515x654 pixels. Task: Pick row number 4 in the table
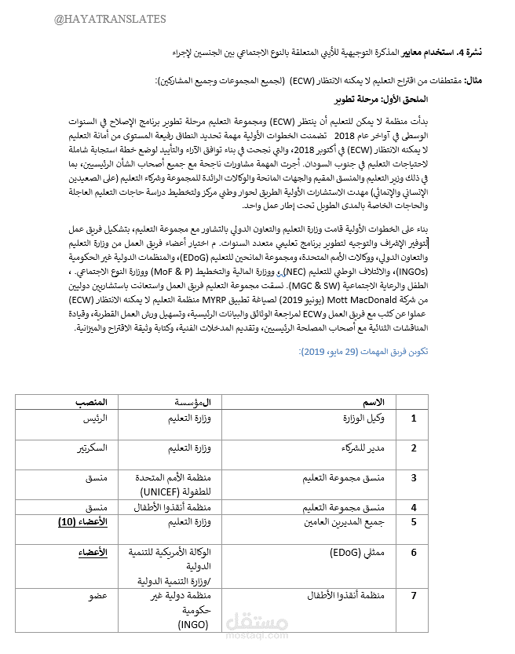coord(415,507)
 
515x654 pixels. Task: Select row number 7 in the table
coord(415,597)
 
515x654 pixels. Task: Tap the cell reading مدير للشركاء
coord(363,448)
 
